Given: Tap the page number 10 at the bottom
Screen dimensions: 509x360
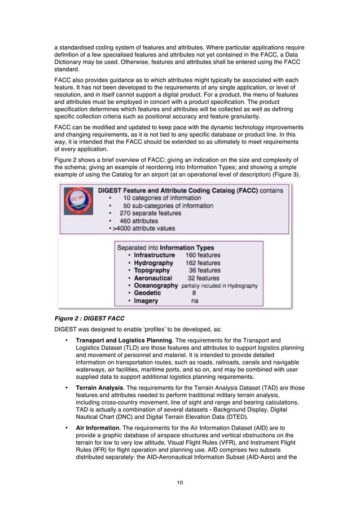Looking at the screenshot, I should tap(180, 482).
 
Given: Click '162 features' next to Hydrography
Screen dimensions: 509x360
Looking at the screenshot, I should tap(203, 263).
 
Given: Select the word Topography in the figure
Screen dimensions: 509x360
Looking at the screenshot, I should tap(151, 270).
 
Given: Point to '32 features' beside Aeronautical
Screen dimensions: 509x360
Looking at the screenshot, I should tap(203, 278).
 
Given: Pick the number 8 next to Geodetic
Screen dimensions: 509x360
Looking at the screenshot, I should tap(194, 293).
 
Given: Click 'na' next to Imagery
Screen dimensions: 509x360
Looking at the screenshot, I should tap(195, 301).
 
